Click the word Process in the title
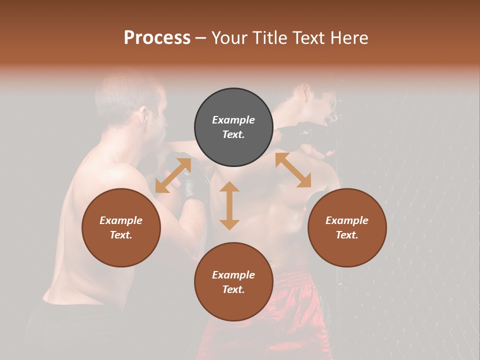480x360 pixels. (157, 38)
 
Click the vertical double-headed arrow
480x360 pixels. (229, 205)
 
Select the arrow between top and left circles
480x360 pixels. (173, 175)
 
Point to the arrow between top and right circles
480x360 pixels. (293, 170)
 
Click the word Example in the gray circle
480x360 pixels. (233, 120)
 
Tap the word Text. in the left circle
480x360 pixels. (121, 235)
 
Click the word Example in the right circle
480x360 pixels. (347, 220)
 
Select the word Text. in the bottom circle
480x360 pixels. (233, 289)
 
